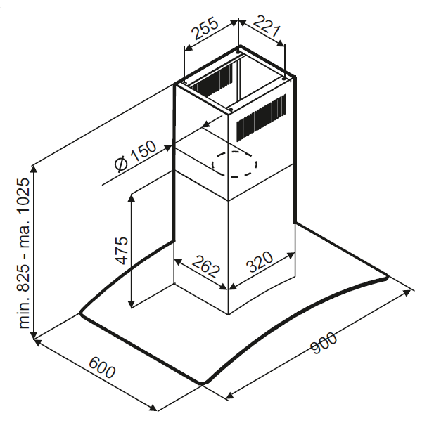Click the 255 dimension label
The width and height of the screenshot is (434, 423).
pyautogui.click(x=205, y=29)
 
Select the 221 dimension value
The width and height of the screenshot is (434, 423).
pyautogui.click(x=267, y=26)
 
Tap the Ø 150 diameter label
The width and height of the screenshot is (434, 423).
pyautogui.click(x=136, y=156)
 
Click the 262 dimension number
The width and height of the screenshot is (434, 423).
pyautogui.click(x=206, y=267)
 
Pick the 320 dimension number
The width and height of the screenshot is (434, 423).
pyautogui.click(x=260, y=261)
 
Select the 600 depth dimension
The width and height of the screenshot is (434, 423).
pyautogui.click(x=102, y=367)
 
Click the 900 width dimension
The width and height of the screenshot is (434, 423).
pyautogui.click(x=324, y=343)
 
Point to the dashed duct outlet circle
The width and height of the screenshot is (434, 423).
pyautogui.click(x=234, y=164)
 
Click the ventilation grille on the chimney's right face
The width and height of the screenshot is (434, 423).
pyautogui.click(x=261, y=118)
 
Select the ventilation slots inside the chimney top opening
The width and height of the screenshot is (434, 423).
pyautogui.click(x=212, y=80)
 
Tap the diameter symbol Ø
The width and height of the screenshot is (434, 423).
pyautogui.click(x=121, y=165)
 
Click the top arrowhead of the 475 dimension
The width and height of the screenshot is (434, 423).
pyautogui.click(x=132, y=198)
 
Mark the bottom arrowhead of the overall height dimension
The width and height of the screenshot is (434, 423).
pyautogui.click(x=34, y=334)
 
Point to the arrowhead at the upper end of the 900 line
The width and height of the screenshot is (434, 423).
pyautogui.click(x=407, y=293)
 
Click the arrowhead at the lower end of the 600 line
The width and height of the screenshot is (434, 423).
pyautogui.click(x=153, y=408)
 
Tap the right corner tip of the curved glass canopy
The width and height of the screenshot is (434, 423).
pyautogui.click(x=388, y=278)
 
